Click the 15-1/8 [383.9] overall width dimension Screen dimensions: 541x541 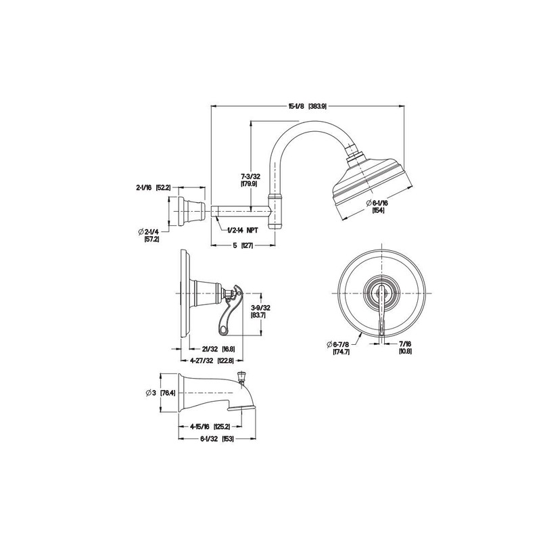[x=308, y=106]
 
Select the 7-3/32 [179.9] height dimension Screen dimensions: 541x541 [x=252, y=179]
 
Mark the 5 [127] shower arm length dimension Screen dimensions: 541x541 [x=242, y=246]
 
